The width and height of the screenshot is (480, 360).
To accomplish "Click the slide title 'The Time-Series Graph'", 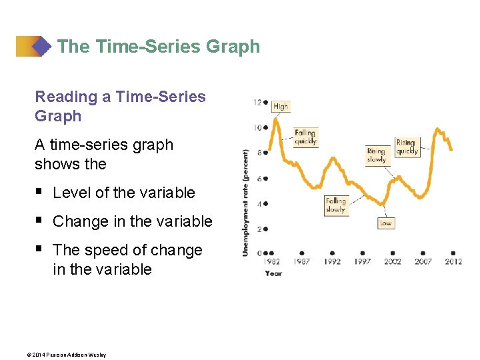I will (x=158, y=47).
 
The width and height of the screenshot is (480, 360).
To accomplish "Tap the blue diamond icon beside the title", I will (x=42, y=47).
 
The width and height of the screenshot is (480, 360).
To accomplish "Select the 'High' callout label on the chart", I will (x=281, y=106).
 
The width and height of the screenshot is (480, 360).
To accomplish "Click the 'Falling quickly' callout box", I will (x=305, y=137).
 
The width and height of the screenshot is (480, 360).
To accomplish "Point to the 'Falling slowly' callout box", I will (x=336, y=205).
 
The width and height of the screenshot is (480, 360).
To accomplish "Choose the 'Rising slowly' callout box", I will (x=377, y=155).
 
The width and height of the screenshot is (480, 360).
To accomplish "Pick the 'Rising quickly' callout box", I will (x=406, y=147).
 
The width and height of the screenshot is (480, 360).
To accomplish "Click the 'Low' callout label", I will (x=385, y=223).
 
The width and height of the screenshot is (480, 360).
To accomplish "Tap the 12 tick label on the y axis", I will (x=257, y=102).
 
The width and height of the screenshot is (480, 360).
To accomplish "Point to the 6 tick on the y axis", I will (x=259, y=179).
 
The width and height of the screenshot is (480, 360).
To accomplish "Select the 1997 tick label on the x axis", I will (x=362, y=262).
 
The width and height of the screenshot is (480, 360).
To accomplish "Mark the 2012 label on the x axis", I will (x=453, y=262).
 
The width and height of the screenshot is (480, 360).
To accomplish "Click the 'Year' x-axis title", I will (x=273, y=273).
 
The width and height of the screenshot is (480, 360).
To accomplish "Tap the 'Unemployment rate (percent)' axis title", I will (x=246, y=203).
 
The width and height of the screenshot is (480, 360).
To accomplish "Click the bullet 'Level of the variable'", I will (x=123, y=193).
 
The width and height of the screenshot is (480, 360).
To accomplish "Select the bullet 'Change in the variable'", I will (x=132, y=221).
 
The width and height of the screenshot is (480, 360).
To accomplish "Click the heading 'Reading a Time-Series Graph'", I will (x=120, y=106).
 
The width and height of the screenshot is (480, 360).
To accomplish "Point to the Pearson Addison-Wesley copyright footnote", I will (x=70, y=355).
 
